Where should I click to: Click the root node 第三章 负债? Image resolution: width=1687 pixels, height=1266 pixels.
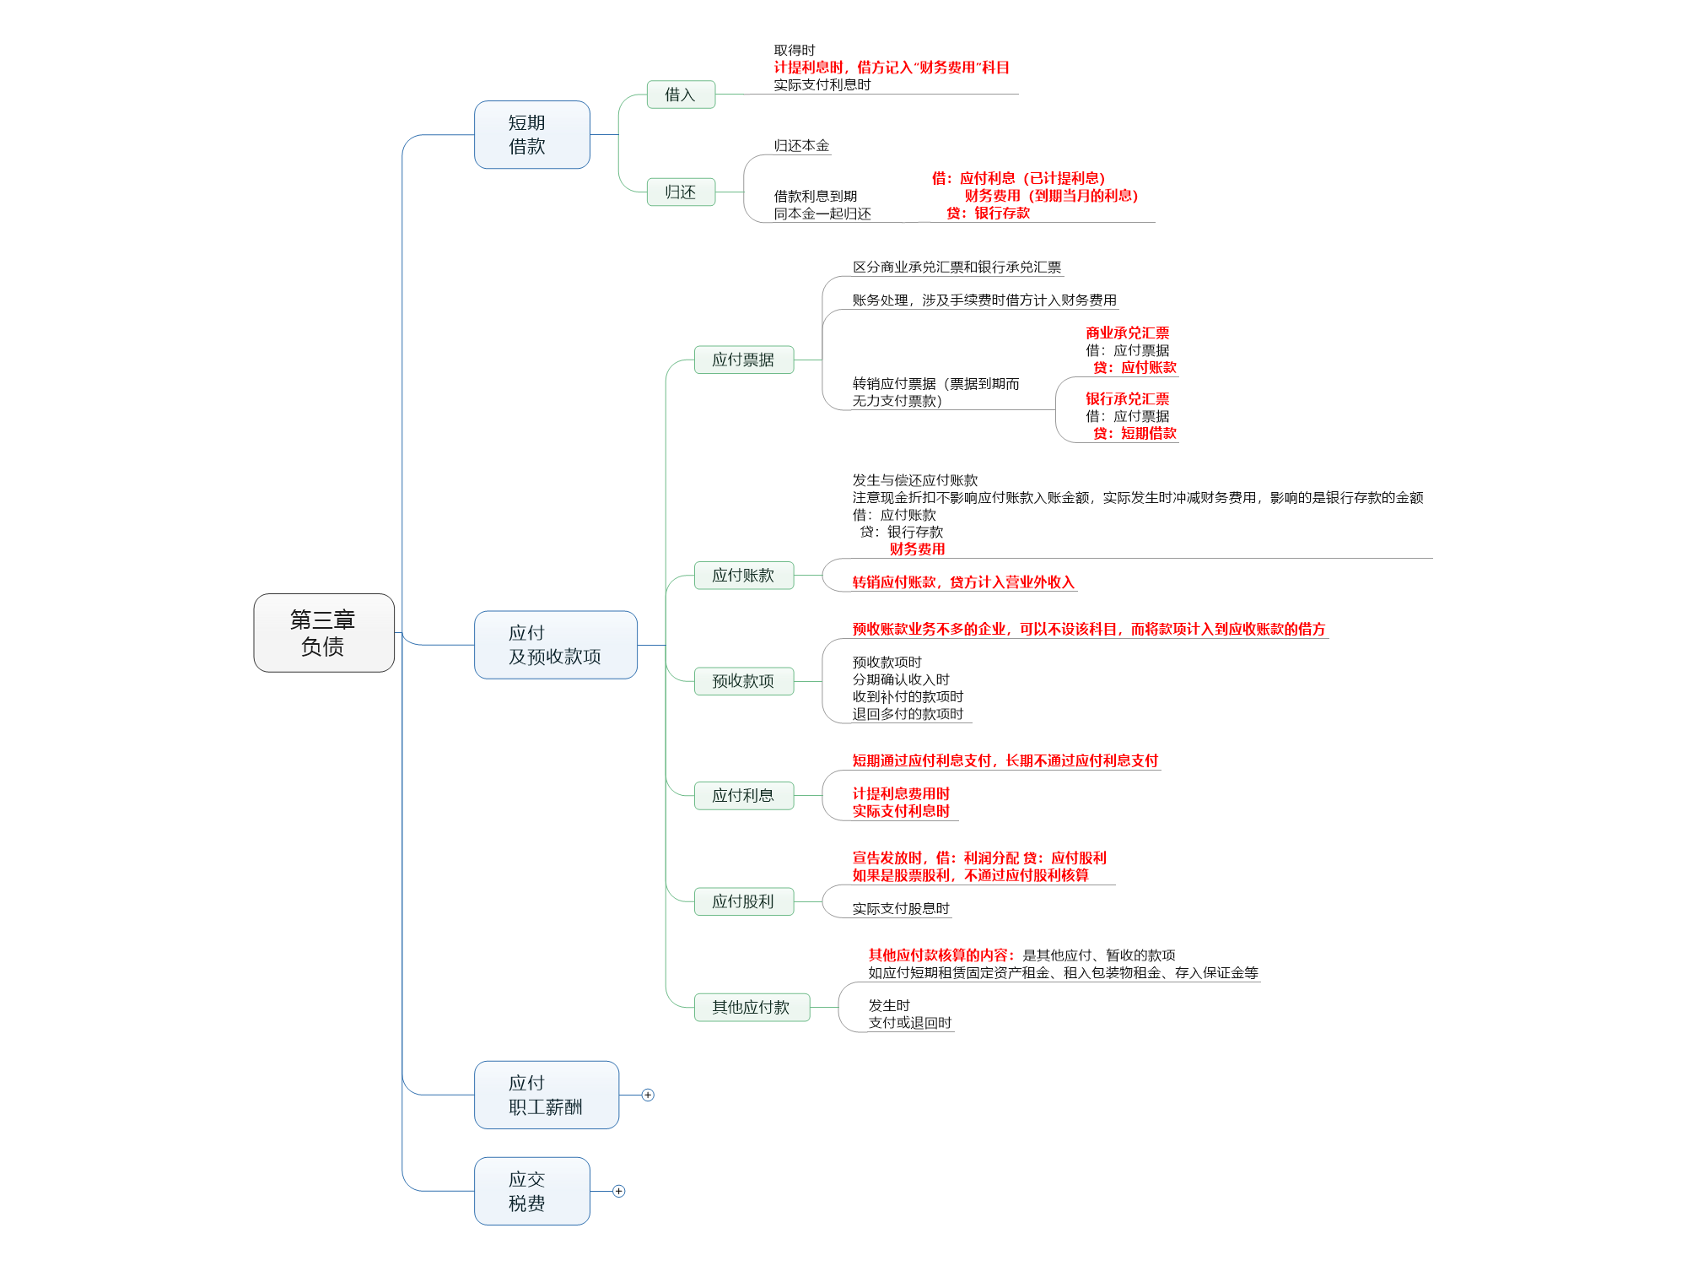pos(324,633)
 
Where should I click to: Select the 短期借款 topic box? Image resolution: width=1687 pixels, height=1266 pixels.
pos(531,135)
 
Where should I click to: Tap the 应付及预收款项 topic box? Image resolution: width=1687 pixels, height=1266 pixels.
pos(555,645)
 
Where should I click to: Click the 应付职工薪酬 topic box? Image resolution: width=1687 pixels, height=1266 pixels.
pos(546,1095)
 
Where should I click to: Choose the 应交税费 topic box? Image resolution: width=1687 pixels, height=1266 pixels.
pos(531,1191)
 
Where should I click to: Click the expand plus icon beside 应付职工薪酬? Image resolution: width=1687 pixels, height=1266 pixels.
pos(648,1095)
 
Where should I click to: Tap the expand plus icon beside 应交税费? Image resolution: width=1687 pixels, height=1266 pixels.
pos(618,1191)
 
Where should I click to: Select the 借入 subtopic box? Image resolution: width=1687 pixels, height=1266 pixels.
pos(681,95)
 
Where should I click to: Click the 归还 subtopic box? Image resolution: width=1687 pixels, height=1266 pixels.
pos(681,192)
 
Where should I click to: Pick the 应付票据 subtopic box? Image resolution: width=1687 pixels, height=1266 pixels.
pos(743,360)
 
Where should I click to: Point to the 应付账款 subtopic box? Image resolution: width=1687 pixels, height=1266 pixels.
pos(743,576)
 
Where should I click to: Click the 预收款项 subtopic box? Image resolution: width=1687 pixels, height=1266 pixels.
pos(743,681)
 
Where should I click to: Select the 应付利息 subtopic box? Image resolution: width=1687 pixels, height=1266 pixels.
pos(743,795)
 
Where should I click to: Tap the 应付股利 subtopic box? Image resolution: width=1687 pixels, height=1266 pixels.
pos(743,901)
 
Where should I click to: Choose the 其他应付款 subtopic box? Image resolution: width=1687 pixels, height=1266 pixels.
pos(752,1007)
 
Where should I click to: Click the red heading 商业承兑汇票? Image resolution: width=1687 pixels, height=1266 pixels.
pos(1127,333)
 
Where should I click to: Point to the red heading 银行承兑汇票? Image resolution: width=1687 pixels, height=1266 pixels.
pos(1127,399)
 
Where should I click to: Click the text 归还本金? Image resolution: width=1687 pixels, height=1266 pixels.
pos(801,146)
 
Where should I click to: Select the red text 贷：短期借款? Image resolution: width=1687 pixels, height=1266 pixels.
pos(1135,433)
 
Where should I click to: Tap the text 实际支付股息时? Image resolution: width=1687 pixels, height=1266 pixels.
pos(901,909)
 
